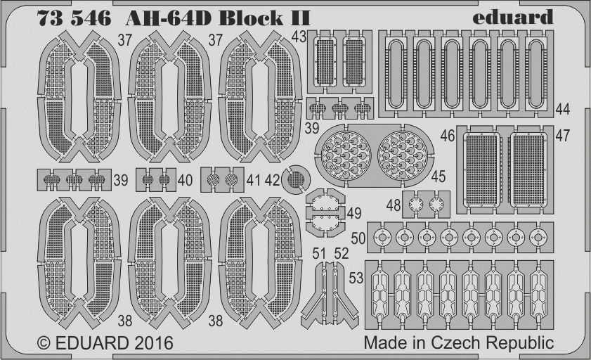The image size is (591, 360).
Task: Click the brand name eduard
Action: click(x=512, y=18)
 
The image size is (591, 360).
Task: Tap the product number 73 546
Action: click(x=74, y=18)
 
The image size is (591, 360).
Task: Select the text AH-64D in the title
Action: click(x=168, y=18)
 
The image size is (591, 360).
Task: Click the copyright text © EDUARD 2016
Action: click(x=105, y=343)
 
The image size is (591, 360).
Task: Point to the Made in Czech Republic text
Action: click(x=459, y=342)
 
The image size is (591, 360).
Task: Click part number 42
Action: click(x=273, y=180)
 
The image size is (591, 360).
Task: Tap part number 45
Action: click(x=438, y=176)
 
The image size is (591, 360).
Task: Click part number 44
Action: click(x=563, y=109)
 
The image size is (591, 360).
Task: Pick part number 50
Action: click(x=358, y=238)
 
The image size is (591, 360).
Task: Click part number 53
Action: click(x=356, y=278)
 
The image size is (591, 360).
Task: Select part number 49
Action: click(x=354, y=213)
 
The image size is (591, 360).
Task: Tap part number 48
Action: click(x=394, y=205)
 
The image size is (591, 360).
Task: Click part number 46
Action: click(x=448, y=136)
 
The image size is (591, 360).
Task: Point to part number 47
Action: click(x=563, y=136)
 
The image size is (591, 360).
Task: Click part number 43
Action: click(x=299, y=37)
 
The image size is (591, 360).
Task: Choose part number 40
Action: click(x=185, y=180)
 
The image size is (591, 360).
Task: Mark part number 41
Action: click(x=253, y=180)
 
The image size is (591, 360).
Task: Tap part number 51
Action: click(x=319, y=253)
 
